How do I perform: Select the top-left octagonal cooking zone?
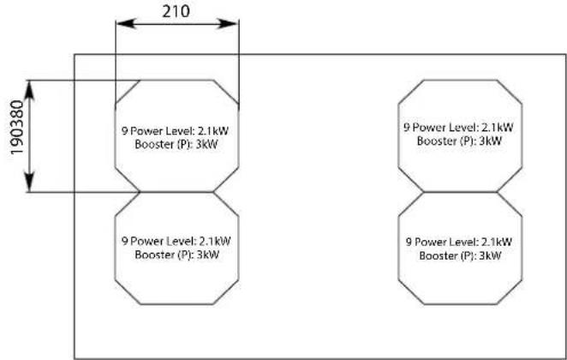coord(176,136)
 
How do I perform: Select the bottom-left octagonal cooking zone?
coord(176,247)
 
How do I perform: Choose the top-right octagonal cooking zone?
coord(461,135)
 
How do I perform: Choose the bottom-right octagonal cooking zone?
coord(461,247)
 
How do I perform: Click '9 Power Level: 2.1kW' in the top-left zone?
coord(176,130)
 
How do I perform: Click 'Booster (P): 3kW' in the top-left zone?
coord(176,144)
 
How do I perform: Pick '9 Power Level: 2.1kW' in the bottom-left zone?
coord(176,241)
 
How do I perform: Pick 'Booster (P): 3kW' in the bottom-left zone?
coord(176,255)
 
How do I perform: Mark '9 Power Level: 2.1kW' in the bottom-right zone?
coord(460,243)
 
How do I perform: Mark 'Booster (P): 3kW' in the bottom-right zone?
coord(460,255)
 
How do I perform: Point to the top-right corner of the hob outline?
coord(565,55)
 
